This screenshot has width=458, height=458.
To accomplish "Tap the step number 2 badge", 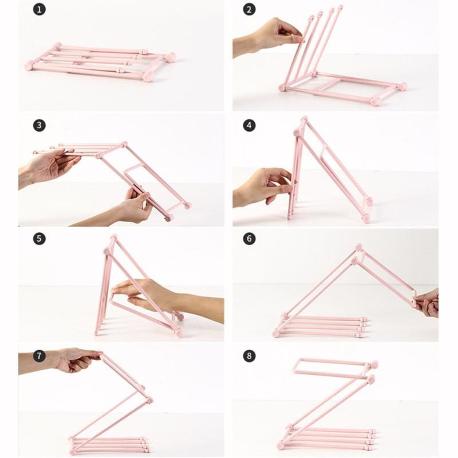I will point(249,9).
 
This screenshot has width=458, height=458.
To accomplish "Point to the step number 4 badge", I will point(249,125).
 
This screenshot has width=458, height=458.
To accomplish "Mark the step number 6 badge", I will point(249,239).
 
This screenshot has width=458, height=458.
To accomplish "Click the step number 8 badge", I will point(249,356).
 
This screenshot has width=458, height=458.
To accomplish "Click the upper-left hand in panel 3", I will point(49,166).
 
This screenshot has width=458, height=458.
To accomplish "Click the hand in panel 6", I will point(428,302).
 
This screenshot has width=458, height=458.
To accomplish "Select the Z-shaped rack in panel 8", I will point(329,406).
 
